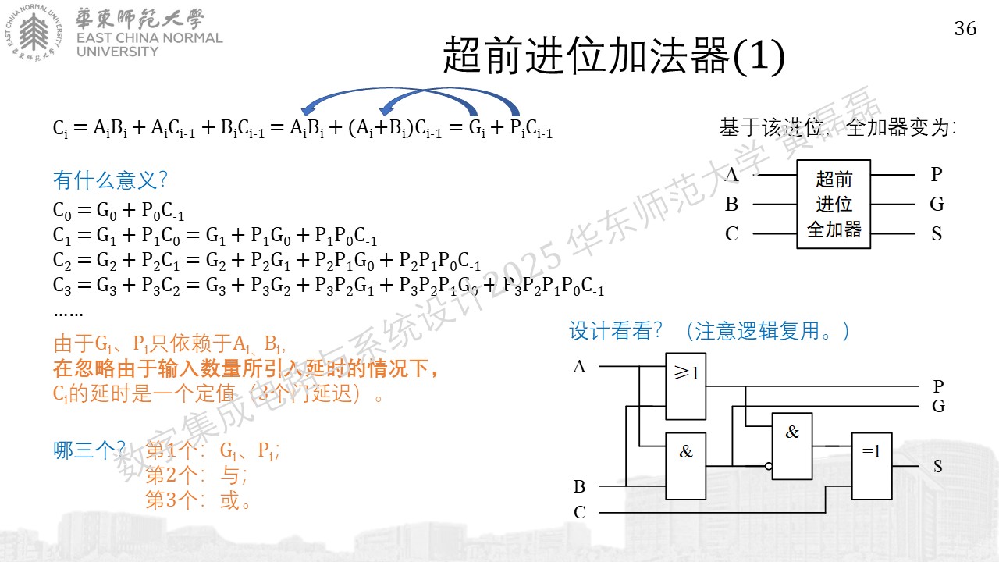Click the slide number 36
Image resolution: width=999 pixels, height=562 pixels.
click(x=965, y=29)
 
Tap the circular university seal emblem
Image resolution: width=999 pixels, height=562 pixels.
click(x=34, y=33)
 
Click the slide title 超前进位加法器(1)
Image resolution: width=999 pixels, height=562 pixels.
click(x=613, y=55)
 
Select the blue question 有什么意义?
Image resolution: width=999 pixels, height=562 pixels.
click(x=110, y=180)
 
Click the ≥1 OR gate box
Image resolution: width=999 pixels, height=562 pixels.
click(x=685, y=386)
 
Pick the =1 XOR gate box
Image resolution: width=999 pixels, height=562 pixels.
click(x=872, y=466)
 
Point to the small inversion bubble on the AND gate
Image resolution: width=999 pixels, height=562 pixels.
click(x=769, y=466)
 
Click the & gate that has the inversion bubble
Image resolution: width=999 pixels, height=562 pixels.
click(x=792, y=446)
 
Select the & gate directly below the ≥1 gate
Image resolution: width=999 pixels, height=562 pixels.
click(x=685, y=466)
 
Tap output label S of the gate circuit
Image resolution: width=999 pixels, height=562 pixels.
click(x=938, y=467)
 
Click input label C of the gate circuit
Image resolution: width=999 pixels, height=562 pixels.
click(x=580, y=512)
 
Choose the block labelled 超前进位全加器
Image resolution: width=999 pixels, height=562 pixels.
click(x=834, y=204)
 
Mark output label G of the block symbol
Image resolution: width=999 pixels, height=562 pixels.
click(x=937, y=205)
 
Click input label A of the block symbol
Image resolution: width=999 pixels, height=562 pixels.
click(x=732, y=174)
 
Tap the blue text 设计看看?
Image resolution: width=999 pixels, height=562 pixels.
click(x=616, y=331)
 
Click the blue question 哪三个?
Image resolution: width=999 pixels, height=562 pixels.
click(x=89, y=450)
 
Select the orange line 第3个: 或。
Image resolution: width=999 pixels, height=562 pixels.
click(x=197, y=500)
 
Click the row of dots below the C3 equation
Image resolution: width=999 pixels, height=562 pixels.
click(x=68, y=314)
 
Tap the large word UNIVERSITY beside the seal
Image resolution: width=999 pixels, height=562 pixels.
click(x=117, y=52)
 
